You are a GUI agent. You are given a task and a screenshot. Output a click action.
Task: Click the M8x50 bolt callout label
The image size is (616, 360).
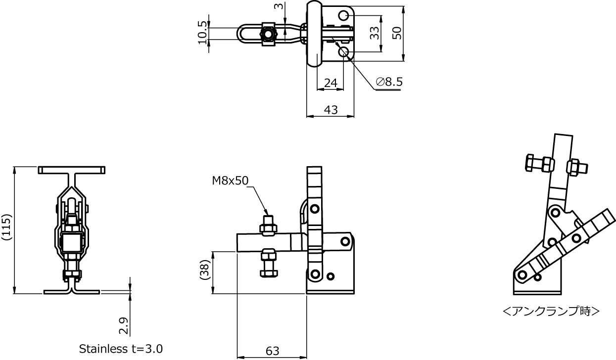tap(230, 180)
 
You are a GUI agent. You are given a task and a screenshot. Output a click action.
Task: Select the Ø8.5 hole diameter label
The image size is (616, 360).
tap(389, 82)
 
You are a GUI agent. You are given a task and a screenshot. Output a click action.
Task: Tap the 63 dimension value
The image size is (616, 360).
tap(273, 351)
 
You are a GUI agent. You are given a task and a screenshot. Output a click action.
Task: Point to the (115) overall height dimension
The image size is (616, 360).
tap(6, 227)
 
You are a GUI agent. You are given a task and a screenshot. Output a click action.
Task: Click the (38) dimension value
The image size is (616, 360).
tap(205, 270)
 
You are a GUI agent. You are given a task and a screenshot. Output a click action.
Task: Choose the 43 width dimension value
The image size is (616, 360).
tap(331, 110)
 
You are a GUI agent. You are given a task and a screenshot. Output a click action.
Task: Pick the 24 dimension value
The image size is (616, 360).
tap(331, 83)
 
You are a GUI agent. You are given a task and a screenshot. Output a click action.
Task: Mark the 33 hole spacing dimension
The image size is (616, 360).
tap(375, 33)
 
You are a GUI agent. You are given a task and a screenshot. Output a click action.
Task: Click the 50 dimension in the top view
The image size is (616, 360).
tap(397, 33)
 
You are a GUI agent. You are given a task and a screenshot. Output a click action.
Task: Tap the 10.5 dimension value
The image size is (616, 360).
tap(202, 33)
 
